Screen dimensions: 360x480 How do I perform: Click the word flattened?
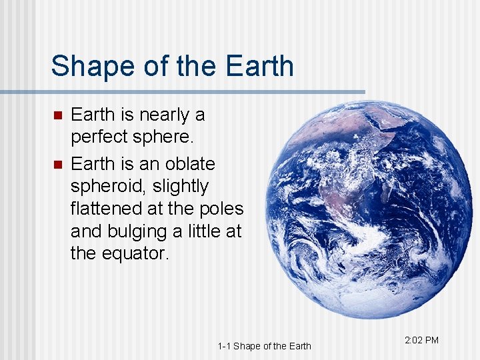pos(107,209)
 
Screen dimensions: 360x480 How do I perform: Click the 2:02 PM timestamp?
pos(421,340)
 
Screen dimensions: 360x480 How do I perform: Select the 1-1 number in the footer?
pos(224,345)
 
